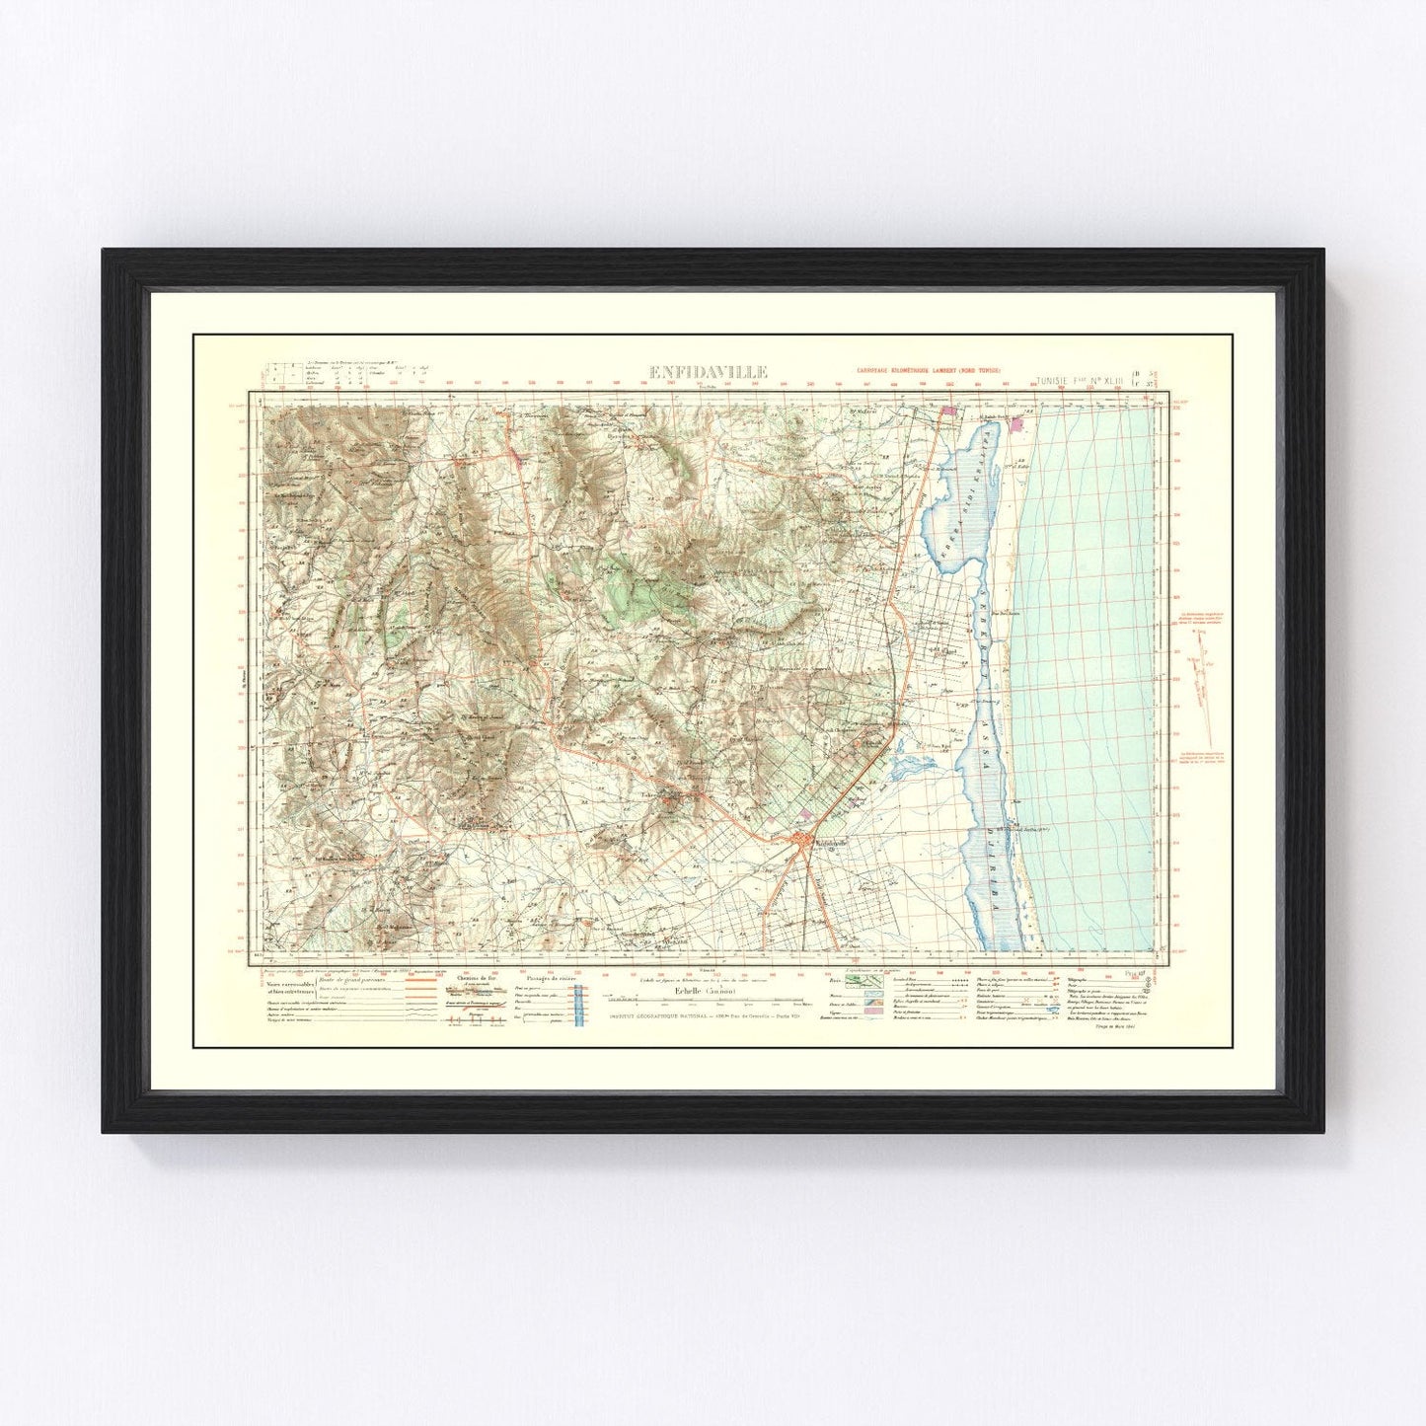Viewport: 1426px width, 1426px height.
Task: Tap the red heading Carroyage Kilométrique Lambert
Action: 929,371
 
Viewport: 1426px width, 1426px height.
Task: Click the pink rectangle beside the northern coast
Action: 1020,426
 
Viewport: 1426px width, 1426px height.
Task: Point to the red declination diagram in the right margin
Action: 1199,671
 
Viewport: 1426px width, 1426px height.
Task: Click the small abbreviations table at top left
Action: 340,374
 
